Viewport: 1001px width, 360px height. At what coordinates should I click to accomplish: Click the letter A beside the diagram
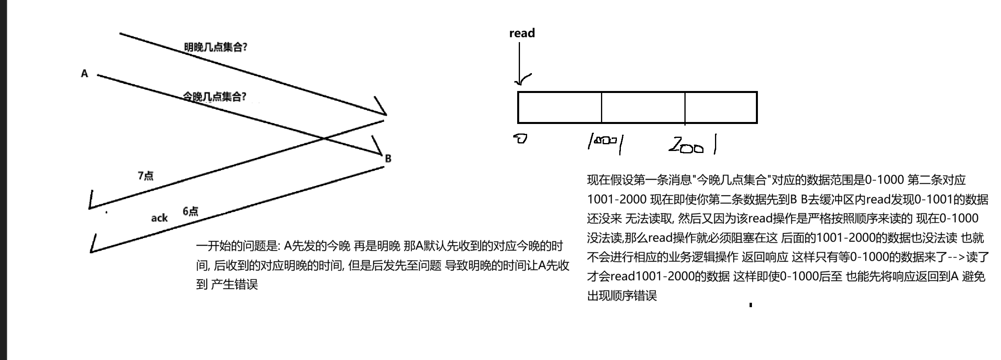point(84,74)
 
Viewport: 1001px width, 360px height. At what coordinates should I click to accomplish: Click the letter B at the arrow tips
point(388,159)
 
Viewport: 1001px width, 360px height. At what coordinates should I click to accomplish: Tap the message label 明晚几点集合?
point(215,47)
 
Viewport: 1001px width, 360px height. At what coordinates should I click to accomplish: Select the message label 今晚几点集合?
point(214,97)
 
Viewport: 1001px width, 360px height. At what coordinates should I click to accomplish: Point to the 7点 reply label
point(145,176)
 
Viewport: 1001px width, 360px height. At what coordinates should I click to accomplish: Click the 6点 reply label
point(190,211)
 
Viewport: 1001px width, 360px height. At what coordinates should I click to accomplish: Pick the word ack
point(159,218)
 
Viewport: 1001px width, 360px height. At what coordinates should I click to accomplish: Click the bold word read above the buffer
point(522,33)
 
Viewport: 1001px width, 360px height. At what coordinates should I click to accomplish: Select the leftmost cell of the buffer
point(559,107)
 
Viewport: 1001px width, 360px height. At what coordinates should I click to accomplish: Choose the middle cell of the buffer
point(643,107)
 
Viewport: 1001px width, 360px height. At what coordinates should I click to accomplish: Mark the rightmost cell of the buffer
point(721,107)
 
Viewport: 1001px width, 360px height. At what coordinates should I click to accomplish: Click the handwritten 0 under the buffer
point(520,139)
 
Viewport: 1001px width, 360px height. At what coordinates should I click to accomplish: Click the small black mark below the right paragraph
point(750,305)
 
